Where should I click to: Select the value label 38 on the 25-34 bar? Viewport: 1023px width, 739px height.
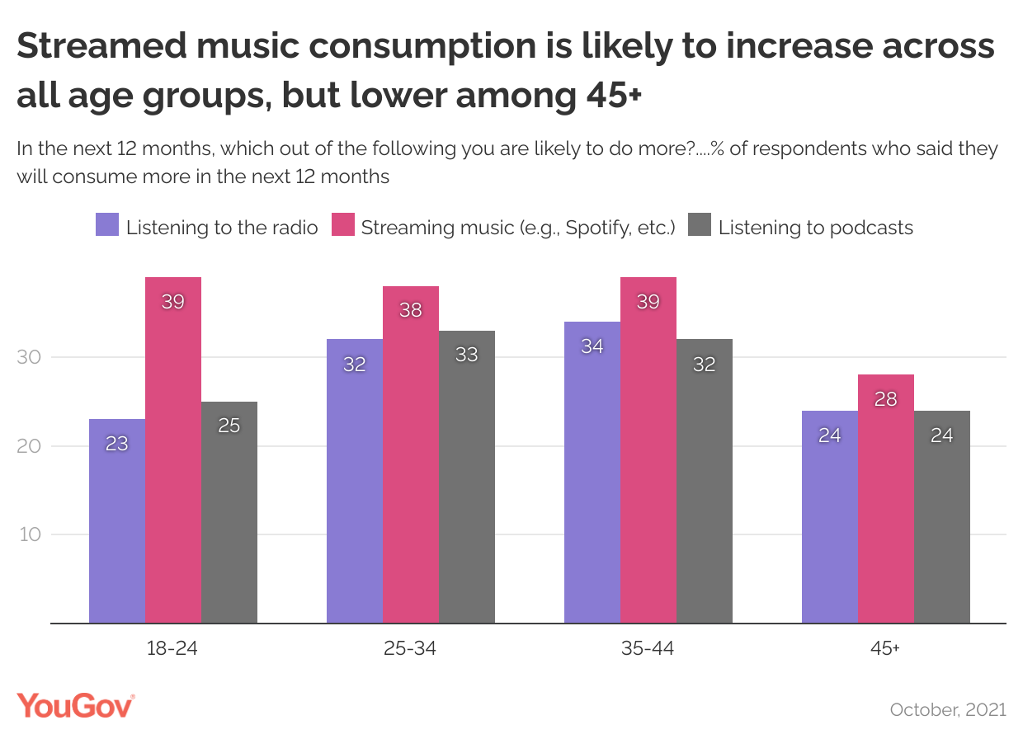(411, 311)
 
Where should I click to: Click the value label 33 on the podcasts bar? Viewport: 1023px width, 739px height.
(467, 355)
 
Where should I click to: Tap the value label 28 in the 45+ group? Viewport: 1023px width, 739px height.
(886, 399)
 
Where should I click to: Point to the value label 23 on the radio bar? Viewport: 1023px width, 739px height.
(117, 444)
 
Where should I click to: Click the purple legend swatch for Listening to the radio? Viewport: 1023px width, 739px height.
(107, 226)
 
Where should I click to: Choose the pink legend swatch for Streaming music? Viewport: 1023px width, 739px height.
(342, 226)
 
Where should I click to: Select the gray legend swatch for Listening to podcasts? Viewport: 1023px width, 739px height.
(700, 226)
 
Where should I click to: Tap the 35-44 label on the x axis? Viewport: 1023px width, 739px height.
(648, 648)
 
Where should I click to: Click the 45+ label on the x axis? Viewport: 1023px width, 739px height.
(884, 648)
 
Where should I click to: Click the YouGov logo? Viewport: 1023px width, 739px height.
(75, 707)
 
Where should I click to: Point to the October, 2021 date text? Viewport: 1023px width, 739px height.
(948, 709)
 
